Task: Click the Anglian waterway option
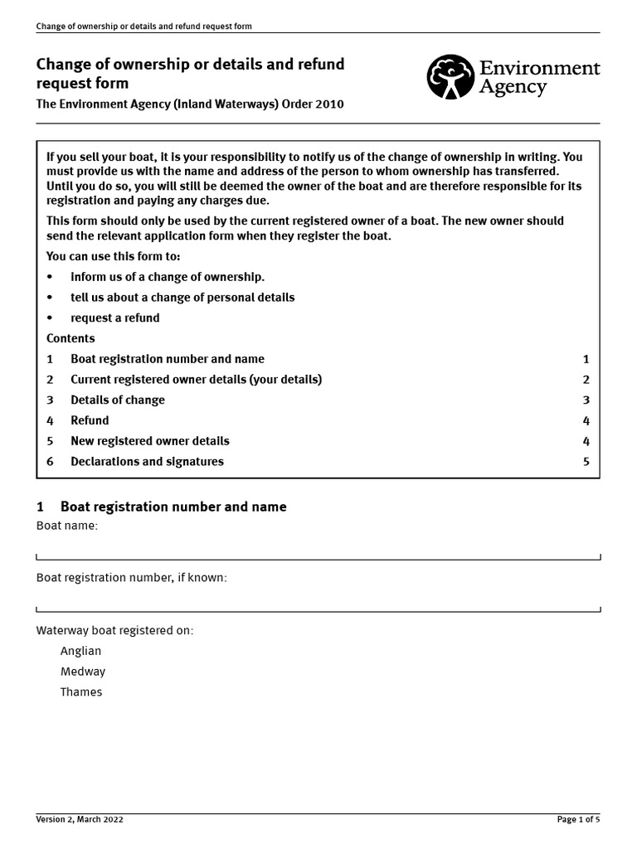click(x=80, y=651)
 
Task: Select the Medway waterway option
click(x=82, y=672)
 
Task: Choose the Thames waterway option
click(x=81, y=692)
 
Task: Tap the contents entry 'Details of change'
click(x=118, y=400)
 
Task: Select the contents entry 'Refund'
click(x=90, y=420)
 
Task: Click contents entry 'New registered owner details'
click(x=150, y=441)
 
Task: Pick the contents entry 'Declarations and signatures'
click(x=147, y=462)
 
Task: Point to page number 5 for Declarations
click(x=586, y=462)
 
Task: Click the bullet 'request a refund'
click(x=114, y=318)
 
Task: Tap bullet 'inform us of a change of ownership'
click(x=168, y=277)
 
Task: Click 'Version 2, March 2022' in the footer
click(x=80, y=819)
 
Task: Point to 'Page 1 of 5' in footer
click(x=577, y=819)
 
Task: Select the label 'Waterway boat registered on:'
click(x=114, y=630)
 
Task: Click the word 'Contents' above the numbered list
click(x=71, y=338)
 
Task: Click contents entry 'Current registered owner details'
click(x=196, y=380)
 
